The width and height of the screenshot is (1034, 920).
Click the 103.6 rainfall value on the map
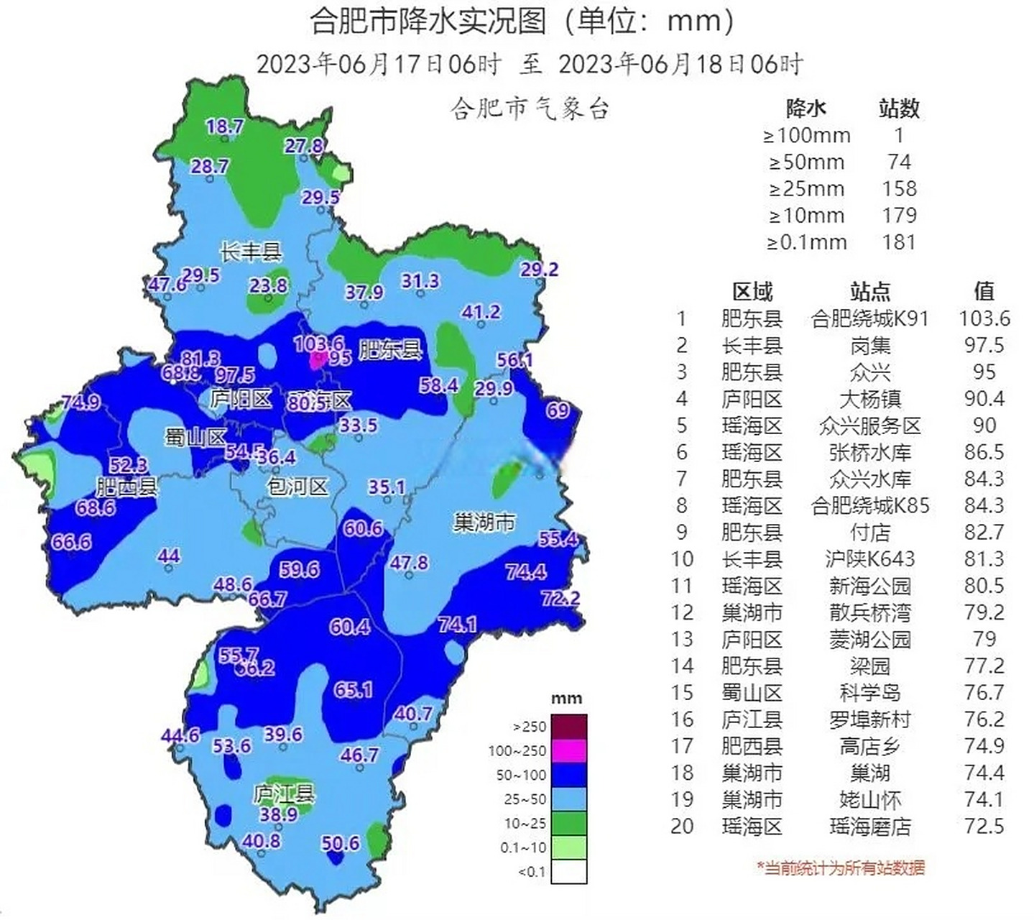318,344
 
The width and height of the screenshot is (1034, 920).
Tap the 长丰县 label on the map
250,252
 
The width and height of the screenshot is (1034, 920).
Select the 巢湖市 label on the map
484,522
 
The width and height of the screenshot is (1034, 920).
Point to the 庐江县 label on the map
284,793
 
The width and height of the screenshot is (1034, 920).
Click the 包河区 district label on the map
297,487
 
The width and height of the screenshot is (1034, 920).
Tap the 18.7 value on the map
225,127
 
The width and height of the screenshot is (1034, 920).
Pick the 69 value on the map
558,410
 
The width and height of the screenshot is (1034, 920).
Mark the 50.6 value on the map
340,842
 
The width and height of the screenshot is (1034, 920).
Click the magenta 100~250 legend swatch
568,750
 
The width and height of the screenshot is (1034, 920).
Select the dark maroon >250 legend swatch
568,726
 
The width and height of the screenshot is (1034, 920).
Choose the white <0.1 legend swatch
568,871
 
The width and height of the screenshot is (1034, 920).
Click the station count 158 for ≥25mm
899,189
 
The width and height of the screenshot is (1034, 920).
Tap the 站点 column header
869,291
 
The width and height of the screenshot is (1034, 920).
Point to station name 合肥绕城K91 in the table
869,318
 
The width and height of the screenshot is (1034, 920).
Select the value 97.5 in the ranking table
984,345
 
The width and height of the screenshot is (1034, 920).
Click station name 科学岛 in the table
869,693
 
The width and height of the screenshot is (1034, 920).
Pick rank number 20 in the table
682,827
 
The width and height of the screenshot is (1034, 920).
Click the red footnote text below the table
840,868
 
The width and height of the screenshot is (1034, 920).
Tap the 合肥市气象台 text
530,109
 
